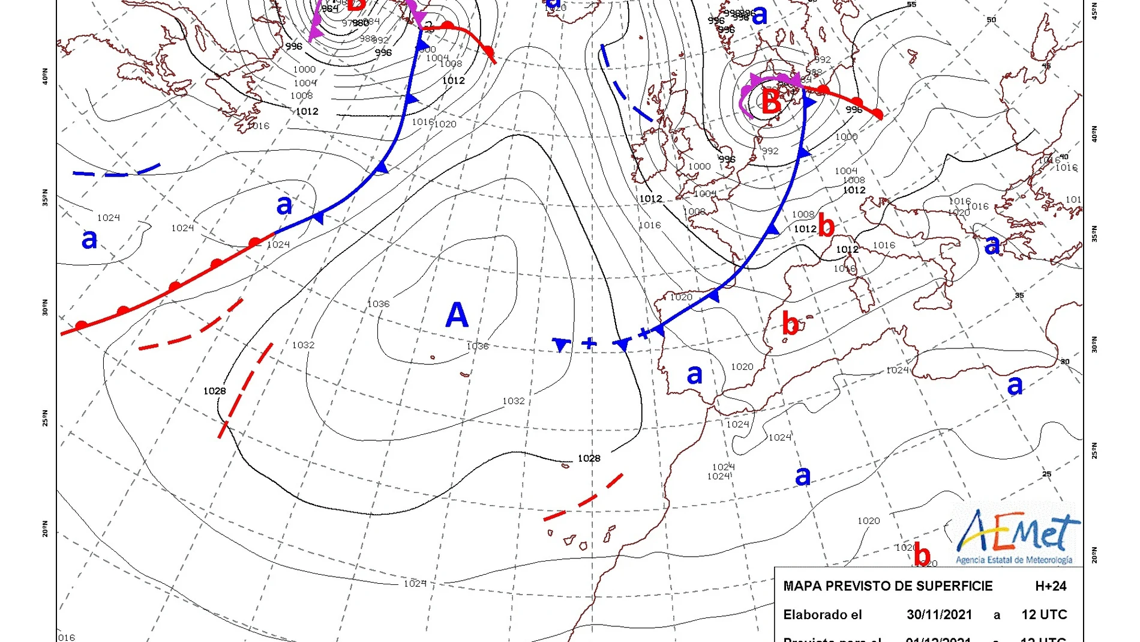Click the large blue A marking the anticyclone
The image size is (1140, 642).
point(457,315)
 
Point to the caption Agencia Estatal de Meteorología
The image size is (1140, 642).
point(1014,560)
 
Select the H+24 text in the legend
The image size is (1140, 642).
point(1051,586)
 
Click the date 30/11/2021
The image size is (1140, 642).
point(939,614)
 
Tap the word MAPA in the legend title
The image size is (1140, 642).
point(802,586)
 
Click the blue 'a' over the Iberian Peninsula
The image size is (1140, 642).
point(694,375)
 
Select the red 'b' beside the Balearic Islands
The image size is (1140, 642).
point(790,324)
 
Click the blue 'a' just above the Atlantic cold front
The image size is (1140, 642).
point(284,205)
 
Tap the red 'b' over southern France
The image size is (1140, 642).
point(826,226)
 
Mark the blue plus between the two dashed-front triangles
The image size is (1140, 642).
point(589,343)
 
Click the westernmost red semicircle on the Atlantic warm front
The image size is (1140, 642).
point(81,326)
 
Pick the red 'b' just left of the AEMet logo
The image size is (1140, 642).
point(922,556)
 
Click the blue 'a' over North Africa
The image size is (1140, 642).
point(803,476)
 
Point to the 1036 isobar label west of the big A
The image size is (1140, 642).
point(378,304)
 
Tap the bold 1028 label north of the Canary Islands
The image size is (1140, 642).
point(589,458)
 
